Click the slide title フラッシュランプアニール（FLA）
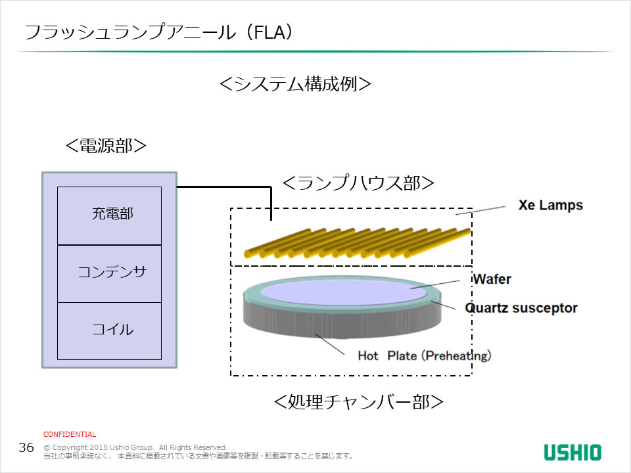[x=158, y=32]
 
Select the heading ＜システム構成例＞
[x=295, y=85]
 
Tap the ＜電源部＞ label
[x=105, y=145]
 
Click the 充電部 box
[x=109, y=215]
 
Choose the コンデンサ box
[x=109, y=273]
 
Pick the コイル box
[x=109, y=330]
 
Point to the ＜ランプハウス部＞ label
[x=358, y=184]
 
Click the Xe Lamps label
[x=550, y=205]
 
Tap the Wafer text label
[x=492, y=279]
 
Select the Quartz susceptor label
[x=521, y=307]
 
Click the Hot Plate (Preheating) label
[x=424, y=355]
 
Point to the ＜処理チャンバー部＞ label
[x=358, y=401]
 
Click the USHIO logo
[x=572, y=452]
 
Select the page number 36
[x=26, y=448]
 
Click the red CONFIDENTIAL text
[x=70, y=434]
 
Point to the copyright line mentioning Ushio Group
[x=135, y=447]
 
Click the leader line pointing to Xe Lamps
[x=480, y=210]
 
